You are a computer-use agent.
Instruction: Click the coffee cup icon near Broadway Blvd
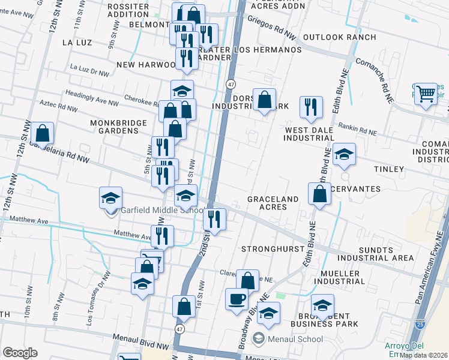pyautogui.click(x=237, y=298)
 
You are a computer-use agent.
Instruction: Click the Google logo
pyautogui.click(x=20, y=353)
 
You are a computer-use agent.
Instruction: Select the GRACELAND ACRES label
pyautogui.click(x=273, y=203)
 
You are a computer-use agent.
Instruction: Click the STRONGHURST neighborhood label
pyautogui.click(x=270, y=248)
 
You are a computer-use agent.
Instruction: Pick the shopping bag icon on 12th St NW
pyautogui.click(x=42, y=133)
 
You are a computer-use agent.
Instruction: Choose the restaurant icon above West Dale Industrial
pyautogui.click(x=311, y=107)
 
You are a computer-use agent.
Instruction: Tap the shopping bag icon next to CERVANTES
pyautogui.click(x=320, y=193)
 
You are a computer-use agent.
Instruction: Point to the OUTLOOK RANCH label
pyautogui.click(x=340, y=37)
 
